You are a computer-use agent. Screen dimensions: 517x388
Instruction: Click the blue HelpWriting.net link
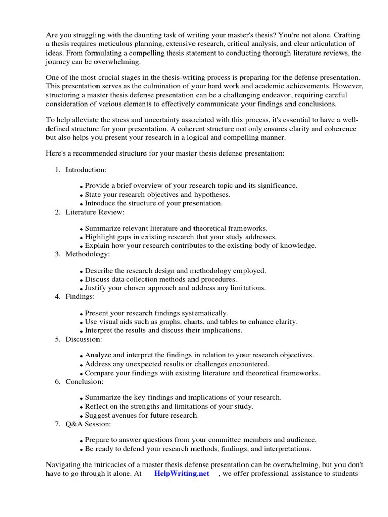point(181,474)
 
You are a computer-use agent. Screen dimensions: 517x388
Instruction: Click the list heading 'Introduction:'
point(86,170)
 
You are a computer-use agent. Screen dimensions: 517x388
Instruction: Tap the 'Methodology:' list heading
point(87,254)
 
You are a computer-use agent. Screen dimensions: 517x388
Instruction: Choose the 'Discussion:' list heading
point(83,339)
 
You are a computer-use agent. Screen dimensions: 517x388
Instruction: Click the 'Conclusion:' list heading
point(84,382)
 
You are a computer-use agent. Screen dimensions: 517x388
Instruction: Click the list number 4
point(57,297)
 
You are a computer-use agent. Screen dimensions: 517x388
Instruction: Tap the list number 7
point(57,424)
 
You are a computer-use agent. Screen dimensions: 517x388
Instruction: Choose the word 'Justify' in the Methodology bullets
point(96,288)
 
